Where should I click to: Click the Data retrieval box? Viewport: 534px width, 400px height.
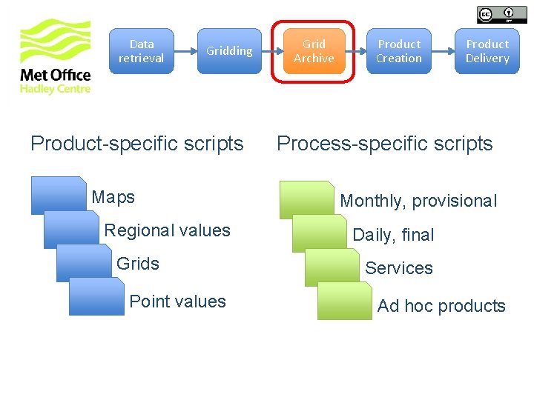coord(142,51)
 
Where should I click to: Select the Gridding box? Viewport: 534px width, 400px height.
coord(229,51)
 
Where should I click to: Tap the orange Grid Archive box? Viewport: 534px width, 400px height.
coord(314,51)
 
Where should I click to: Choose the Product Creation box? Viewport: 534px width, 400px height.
coord(399,51)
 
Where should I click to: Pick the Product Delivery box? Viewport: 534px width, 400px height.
coord(487,51)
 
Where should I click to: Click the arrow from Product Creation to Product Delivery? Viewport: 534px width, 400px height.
coord(443,51)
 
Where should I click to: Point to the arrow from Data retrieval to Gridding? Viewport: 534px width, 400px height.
coord(185,51)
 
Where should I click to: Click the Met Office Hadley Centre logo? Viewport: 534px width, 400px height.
coord(55,57)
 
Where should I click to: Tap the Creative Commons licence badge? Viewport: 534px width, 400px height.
coord(496,14)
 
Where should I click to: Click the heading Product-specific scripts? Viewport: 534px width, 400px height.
coord(137,144)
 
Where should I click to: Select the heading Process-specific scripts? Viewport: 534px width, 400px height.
coord(384,144)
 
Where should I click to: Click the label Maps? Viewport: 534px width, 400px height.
coord(113,197)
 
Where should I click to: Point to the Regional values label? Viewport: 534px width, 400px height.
coord(167,230)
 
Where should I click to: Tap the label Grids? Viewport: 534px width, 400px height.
coord(138,264)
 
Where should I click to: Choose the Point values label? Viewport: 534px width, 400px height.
coord(177,301)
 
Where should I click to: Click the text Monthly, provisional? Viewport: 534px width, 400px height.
coord(418,201)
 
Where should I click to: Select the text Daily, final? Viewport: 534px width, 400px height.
coord(393,235)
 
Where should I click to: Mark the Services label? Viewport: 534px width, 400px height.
coord(399,268)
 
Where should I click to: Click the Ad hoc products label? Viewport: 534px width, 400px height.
coord(441,306)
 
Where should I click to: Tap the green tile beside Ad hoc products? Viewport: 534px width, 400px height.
coord(345,301)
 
